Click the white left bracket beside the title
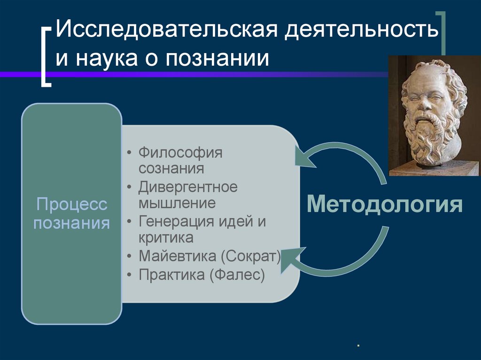coord(45,56)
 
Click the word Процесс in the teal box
coord(72,205)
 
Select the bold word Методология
coord(385,205)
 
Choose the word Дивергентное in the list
coord(188,187)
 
